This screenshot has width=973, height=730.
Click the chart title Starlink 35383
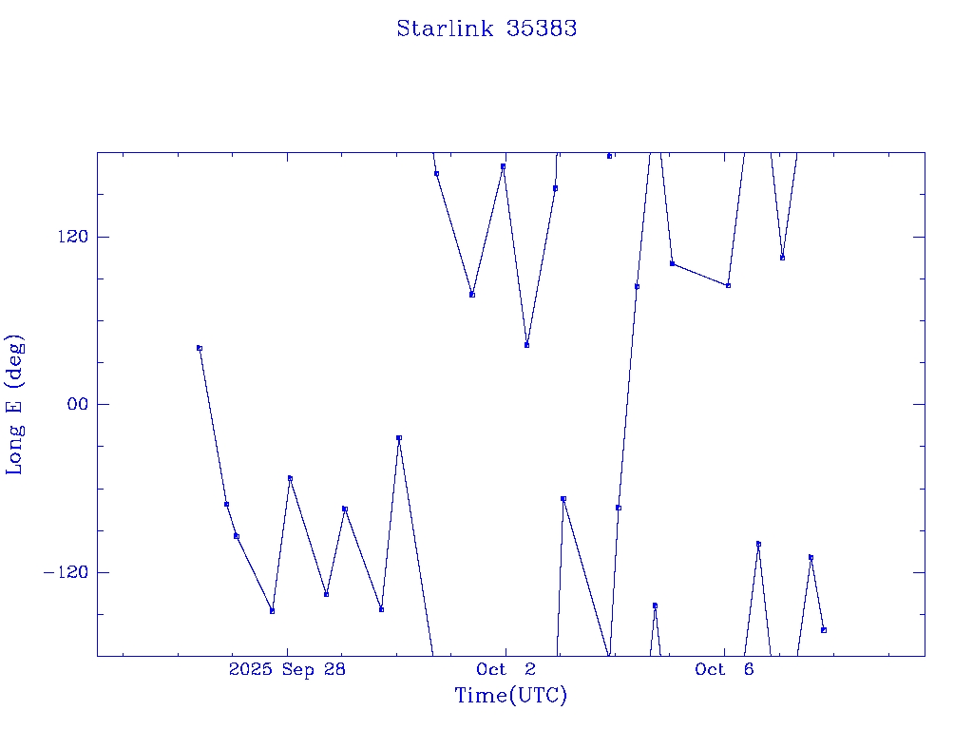486,29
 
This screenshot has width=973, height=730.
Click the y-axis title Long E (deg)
15,404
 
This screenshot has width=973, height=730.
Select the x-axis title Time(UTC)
511,696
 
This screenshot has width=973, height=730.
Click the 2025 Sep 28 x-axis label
288,669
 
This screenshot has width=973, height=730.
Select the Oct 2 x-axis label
506,669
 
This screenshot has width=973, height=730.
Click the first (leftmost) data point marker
200,348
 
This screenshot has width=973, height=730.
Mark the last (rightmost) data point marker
824,630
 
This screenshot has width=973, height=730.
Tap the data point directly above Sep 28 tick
290,478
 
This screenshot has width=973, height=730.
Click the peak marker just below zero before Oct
399,437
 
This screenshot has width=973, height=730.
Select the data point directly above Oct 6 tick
728,285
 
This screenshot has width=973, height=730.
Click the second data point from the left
226,504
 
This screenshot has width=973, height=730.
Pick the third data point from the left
237,536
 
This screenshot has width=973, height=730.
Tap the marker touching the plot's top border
609,156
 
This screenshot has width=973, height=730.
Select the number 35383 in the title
542,29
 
